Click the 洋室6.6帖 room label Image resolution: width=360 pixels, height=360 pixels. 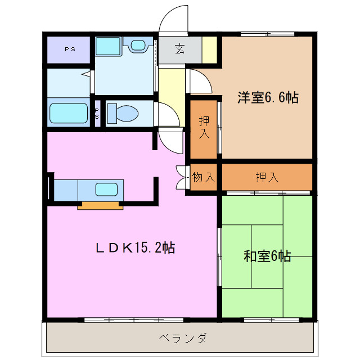[267, 97]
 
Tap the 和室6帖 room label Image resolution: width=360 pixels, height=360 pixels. [267, 256]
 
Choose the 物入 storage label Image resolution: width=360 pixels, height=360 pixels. [203, 178]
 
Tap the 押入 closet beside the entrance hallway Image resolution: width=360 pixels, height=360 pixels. [203, 128]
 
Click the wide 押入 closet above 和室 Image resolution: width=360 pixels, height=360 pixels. [267, 178]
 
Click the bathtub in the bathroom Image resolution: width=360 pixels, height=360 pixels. [69, 112]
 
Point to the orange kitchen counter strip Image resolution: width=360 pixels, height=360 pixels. [100, 205]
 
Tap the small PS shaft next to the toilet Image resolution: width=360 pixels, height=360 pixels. [97, 113]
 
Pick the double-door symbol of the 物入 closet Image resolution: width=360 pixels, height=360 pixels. [182, 178]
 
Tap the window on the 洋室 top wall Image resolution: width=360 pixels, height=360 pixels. [268, 34]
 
